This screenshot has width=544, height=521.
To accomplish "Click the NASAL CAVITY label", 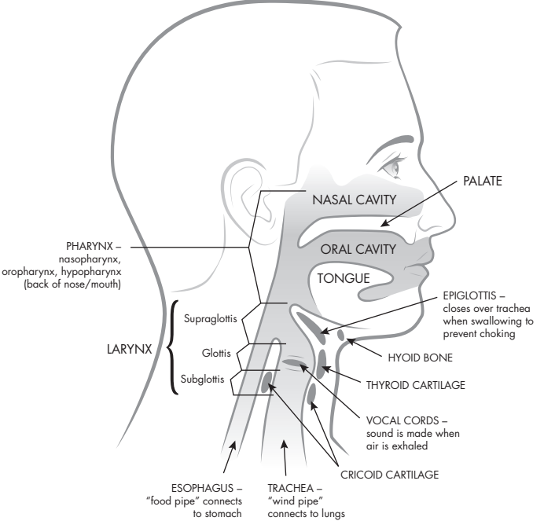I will coord(354,200).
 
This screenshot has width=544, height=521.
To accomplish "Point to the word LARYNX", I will coord(130,347).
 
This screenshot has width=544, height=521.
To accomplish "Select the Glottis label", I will coord(212,354).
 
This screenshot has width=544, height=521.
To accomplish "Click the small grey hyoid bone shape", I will coord(341,336).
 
